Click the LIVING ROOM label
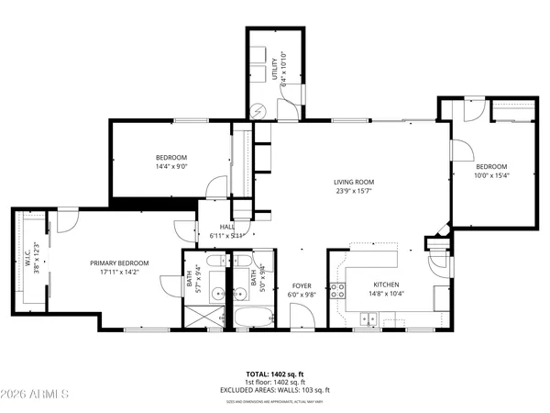pyautogui.click(x=354, y=183)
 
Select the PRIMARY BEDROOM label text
pyautogui.click(x=119, y=263)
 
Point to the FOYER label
pyautogui.click(x=302, y=286)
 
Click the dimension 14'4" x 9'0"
pyautogui.click(x=171, y=166)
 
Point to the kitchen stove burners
pyautogui.click(x=338, y=292)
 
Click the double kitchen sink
pyautogui.click(x=368, y=319)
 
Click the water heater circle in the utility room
pyautogui.click(x=259, y=108)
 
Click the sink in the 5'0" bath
pyautogui.click(x=236, y=294)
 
